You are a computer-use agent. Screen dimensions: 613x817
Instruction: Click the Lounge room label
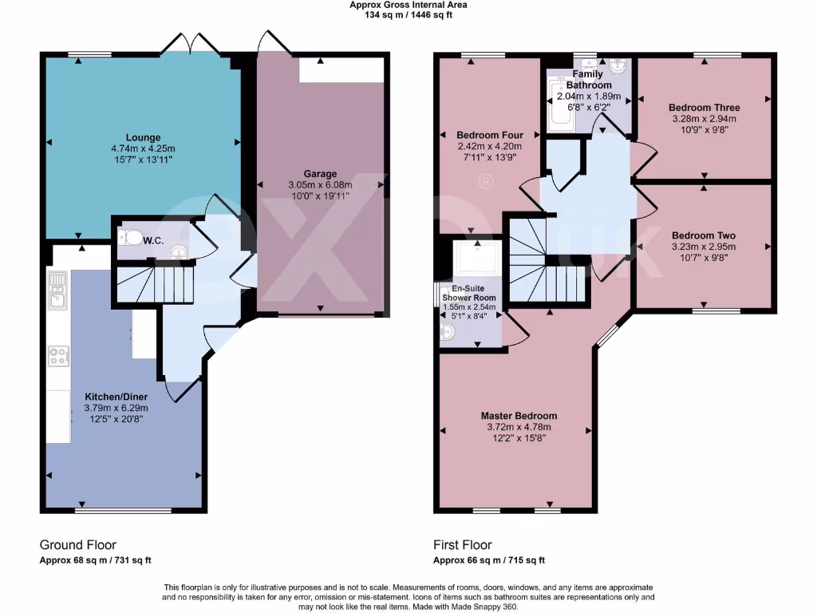(142, 137)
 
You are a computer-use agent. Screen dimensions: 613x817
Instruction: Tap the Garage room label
(319, 174)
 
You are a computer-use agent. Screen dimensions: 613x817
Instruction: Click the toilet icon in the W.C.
(130, 237)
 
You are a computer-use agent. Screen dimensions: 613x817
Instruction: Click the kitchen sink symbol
(57, 291)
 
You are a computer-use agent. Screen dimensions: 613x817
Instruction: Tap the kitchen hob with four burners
(58, 355)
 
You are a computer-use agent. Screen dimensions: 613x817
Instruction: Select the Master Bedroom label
(519, 416)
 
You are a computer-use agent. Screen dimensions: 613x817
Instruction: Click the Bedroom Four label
(489, 135)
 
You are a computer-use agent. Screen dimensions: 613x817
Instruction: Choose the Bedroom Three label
(704, 108)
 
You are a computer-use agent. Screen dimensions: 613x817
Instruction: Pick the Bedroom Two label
(704, 235)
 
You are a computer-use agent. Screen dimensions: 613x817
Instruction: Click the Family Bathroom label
(590, 80)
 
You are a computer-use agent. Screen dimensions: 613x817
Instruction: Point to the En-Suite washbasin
(446, 334)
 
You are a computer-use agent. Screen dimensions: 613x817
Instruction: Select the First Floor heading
(462, 545)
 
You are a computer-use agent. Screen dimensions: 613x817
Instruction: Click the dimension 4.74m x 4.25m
(142, 148)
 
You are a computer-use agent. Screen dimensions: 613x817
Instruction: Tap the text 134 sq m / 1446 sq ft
(408, 14)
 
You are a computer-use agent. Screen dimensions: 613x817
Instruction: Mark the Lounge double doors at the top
(189, 46)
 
